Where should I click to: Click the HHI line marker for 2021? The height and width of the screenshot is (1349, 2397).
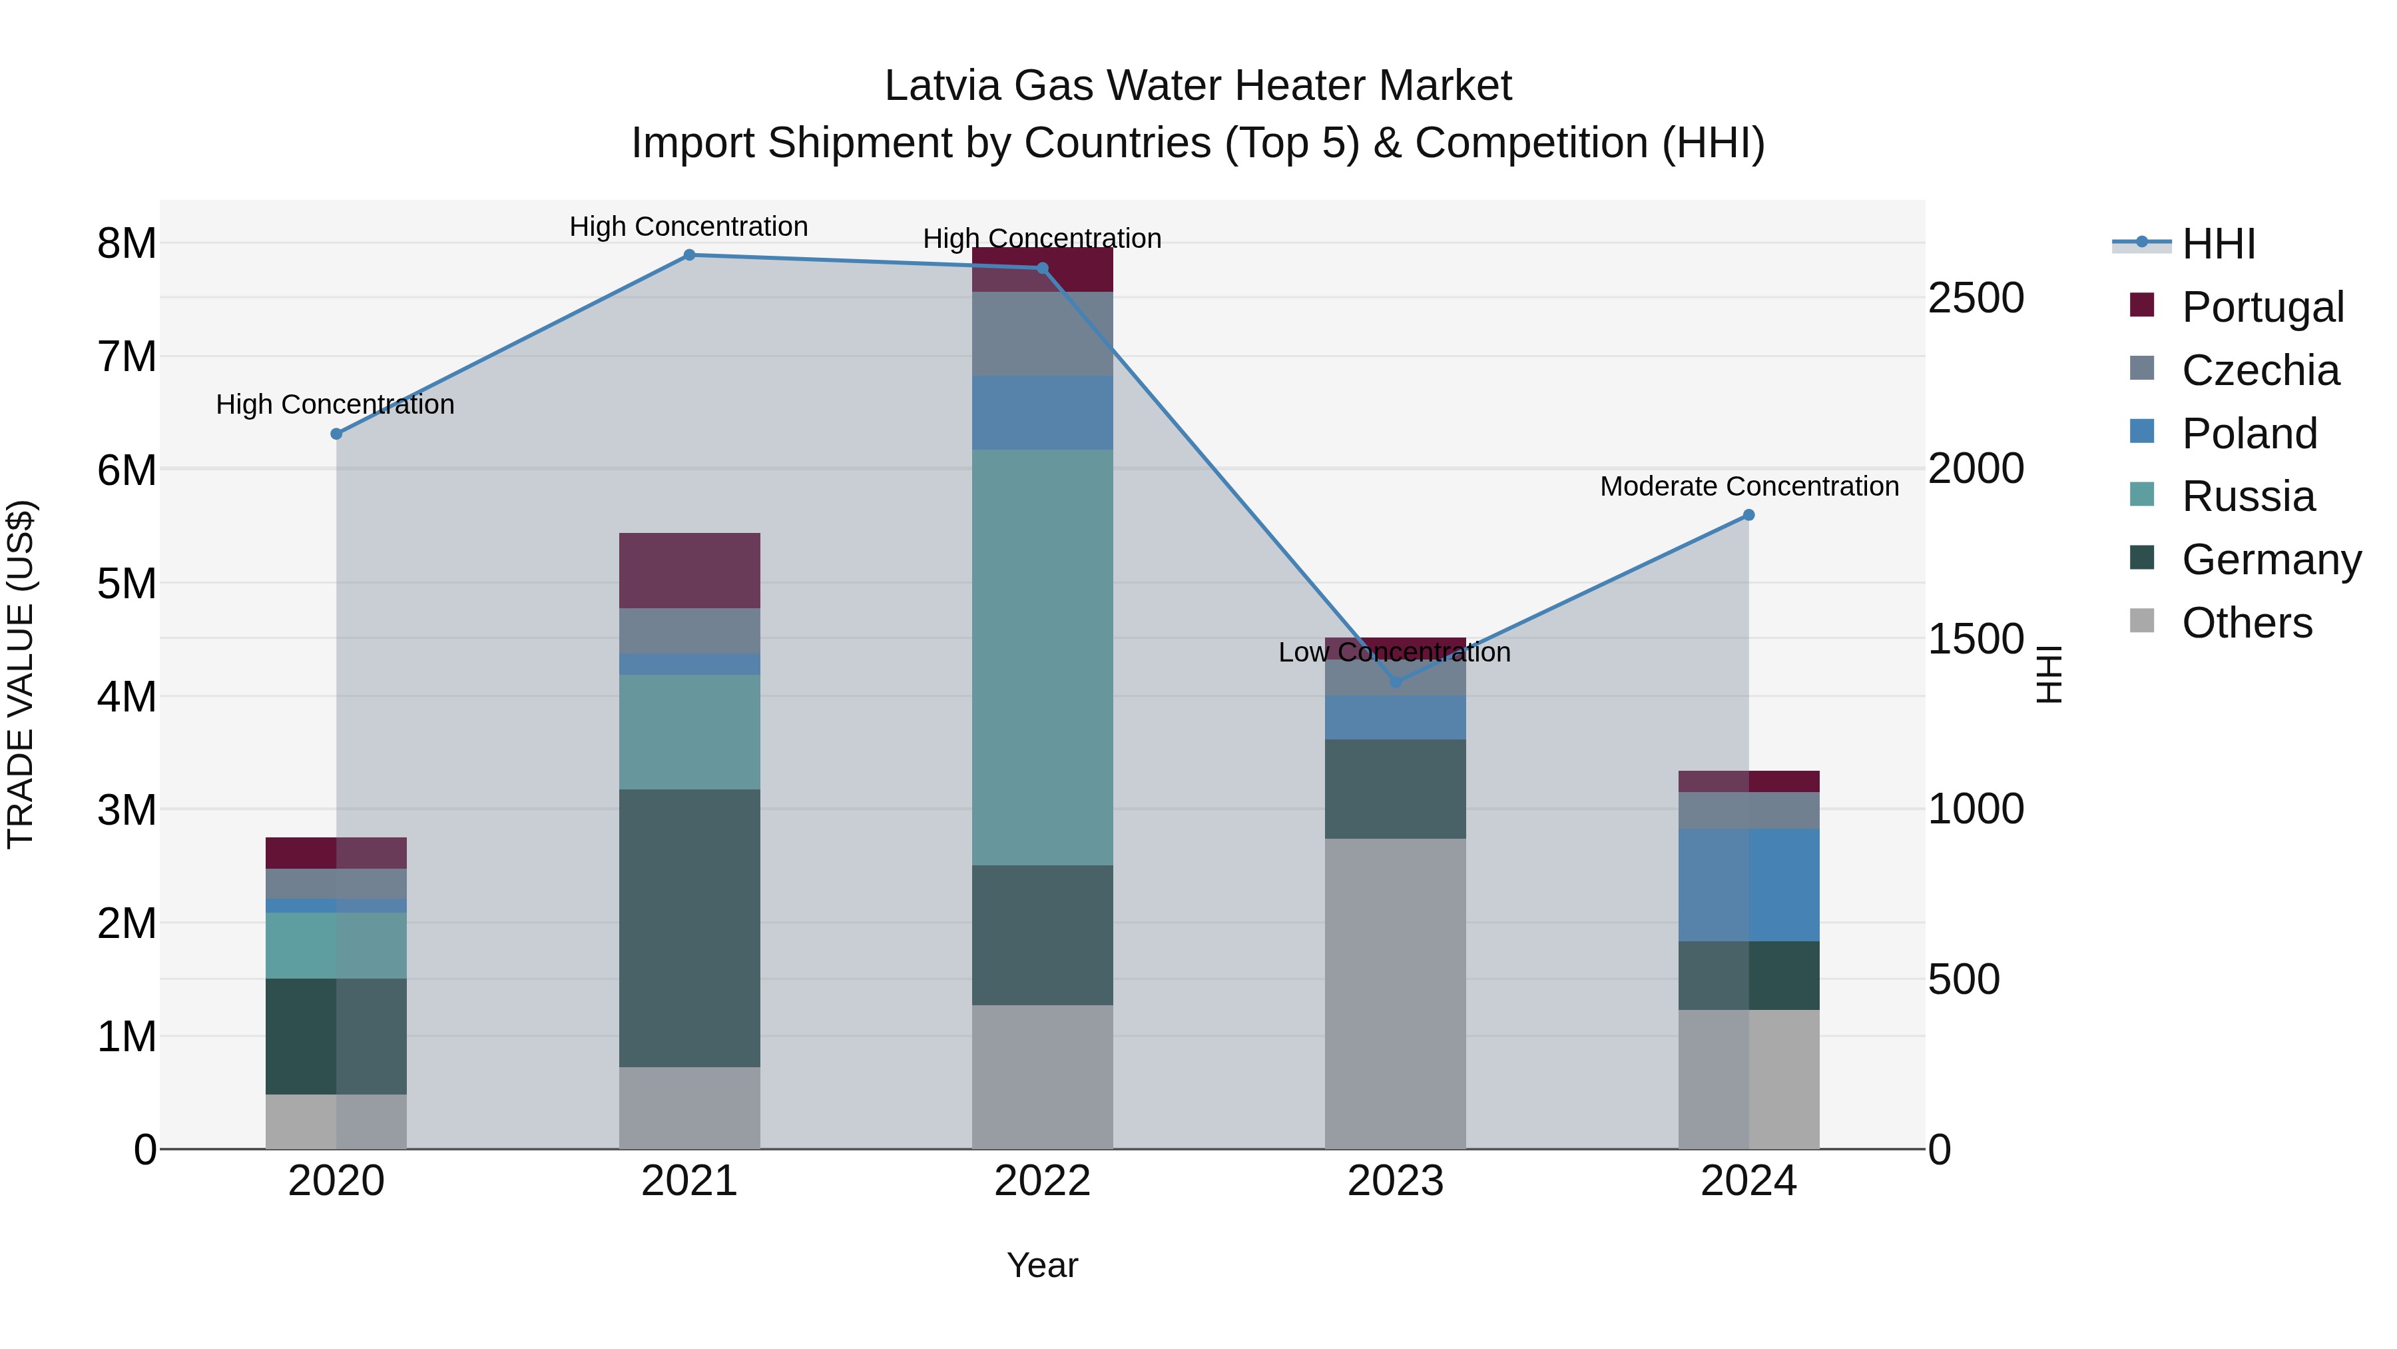[x=690, y=255]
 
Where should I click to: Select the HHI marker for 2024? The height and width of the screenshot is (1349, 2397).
[x=1748, y=515]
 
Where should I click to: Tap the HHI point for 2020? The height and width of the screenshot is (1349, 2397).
[x=337, y=434]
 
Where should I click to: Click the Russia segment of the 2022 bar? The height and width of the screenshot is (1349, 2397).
[x=1042, y=658]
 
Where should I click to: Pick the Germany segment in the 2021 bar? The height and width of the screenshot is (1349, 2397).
[x=690, y=927]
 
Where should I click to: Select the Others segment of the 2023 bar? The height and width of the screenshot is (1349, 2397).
[x=1395, y=993]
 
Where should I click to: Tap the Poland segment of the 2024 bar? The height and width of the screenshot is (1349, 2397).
[x=1748, y=885]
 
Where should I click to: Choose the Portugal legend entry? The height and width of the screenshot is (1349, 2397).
[x=2261, y=306]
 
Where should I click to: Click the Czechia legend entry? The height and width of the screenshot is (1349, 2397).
[x=2259, y=370]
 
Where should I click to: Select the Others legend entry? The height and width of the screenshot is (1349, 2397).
[x=2247, y=622]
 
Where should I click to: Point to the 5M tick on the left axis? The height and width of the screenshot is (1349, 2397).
[x=127, y=584]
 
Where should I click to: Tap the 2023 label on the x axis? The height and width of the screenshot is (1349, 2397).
[x=1395, y=1181]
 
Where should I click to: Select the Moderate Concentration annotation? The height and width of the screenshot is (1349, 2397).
[x=1748, y=486]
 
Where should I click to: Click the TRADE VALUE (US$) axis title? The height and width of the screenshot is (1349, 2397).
[x=21, y=674]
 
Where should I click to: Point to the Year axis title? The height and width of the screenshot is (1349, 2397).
[x=1042, y=1265]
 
